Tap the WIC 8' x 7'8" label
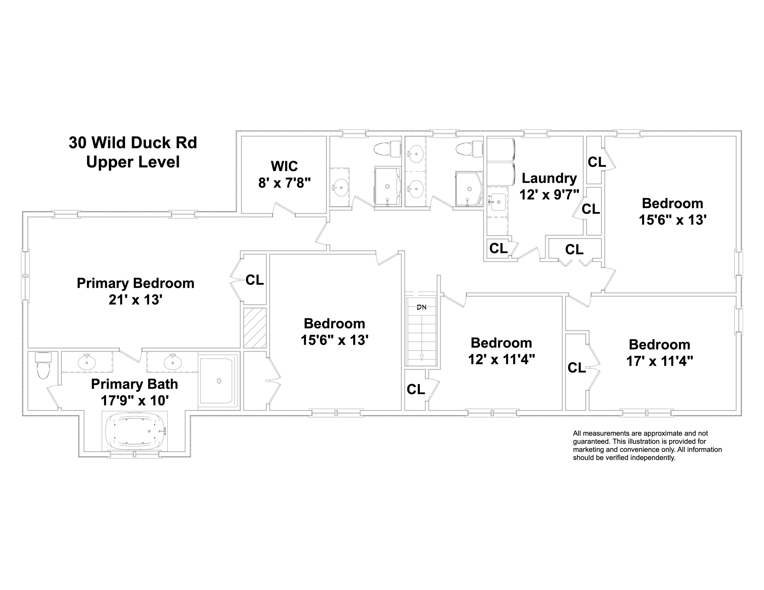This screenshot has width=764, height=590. pyautogui.click(x=284, y=174)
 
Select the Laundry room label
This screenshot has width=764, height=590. pyautogui.click(x=549, y=186)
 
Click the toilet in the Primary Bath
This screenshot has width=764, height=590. pyautogui.click(x=43, y=366)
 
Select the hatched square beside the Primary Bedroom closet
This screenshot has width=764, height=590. pyautogui.click(x=255, y=328)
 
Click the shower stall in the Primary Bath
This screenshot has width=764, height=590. pyautogui.click(x=219, y=381)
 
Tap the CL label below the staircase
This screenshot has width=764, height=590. pyautogui.click(x=415, y=389)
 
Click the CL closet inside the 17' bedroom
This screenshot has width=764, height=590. pyautogui.click(x=576, y=367)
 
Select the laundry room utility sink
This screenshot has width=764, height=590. pyautogui.click(x=498, y=202)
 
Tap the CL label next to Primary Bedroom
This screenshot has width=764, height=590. pyautogui.click(x=254, y=280)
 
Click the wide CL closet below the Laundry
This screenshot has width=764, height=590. pyautogui.click(x=574, y=249)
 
